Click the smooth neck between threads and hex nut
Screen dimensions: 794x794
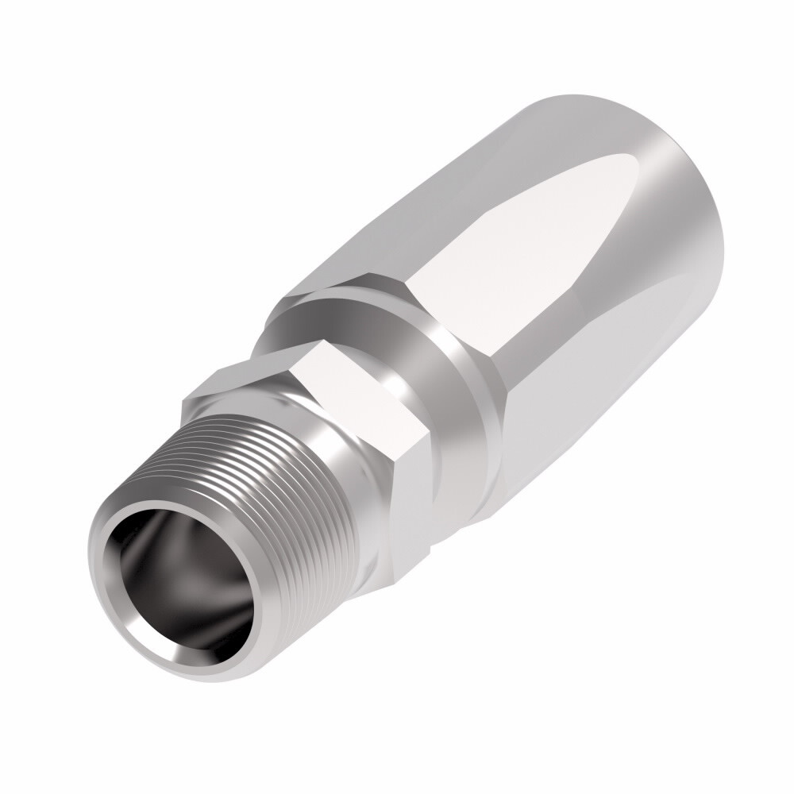(349, 492)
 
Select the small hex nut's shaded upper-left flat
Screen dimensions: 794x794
(238, 381)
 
